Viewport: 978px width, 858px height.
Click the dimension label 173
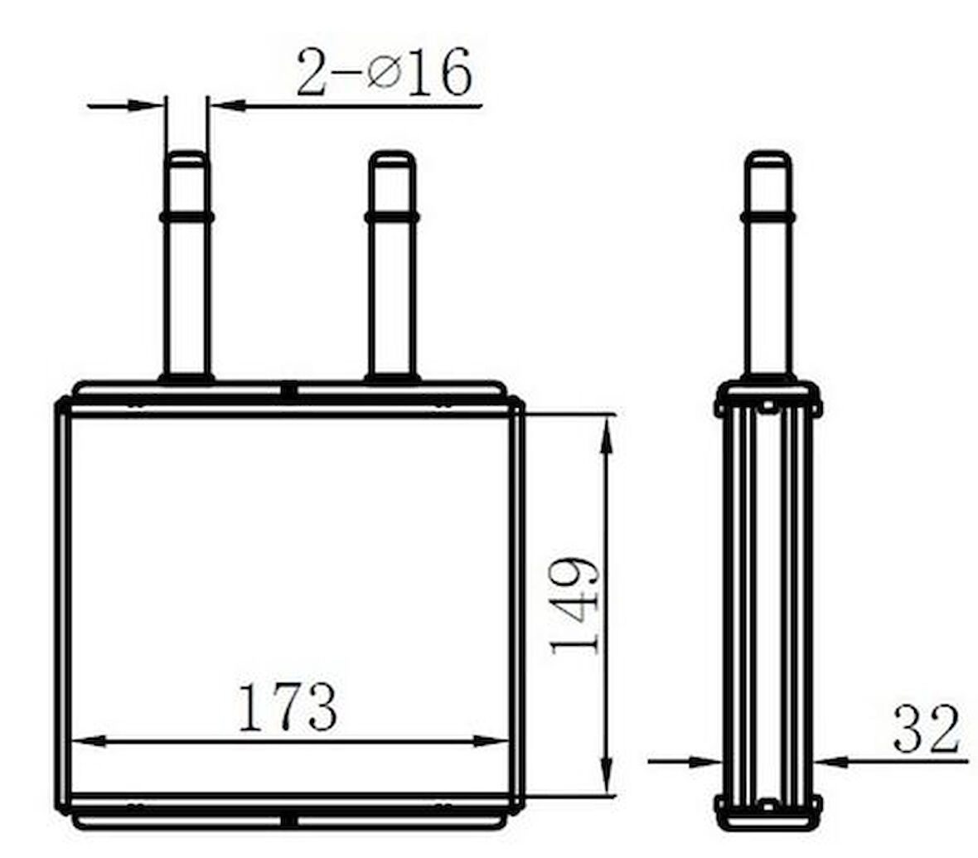click(288, 707)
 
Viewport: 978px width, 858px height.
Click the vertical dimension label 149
click(576, 606)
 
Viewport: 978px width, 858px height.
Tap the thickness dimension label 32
click(927, 728)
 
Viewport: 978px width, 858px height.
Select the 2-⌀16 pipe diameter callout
click(384, 72)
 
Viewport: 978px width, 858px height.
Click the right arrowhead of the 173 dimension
click(492, 741)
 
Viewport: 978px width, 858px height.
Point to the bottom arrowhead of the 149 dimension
click(606, 777)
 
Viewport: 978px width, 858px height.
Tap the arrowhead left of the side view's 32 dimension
click(705, 761)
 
